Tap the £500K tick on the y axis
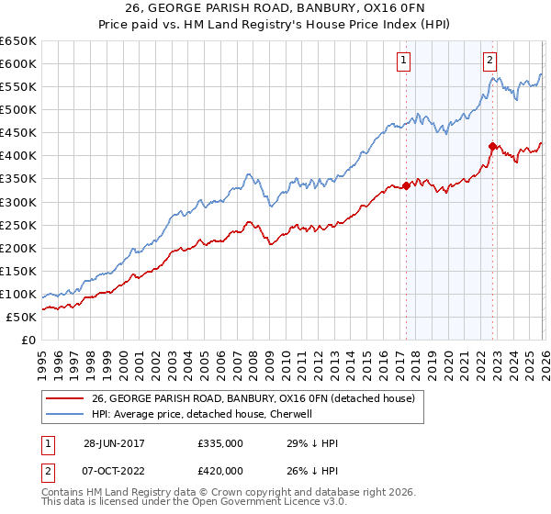pyautogui.click(x=18, y=110)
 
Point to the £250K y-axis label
pyautogui.click(x=18, y=225)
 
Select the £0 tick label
pyautogui.click(x=28, y=340)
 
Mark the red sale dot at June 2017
pyautogui.click(x=406, y=186)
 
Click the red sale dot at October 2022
pyautogui.click(x=492, y=146)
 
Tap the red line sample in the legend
pyautogui.click(x=64, y=398)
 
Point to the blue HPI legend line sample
pyautogui.click(x=64, y=414)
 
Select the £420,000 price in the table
pyautogui.click(x=219, y=474)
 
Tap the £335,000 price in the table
pyautogui.click(x=219, y=443)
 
